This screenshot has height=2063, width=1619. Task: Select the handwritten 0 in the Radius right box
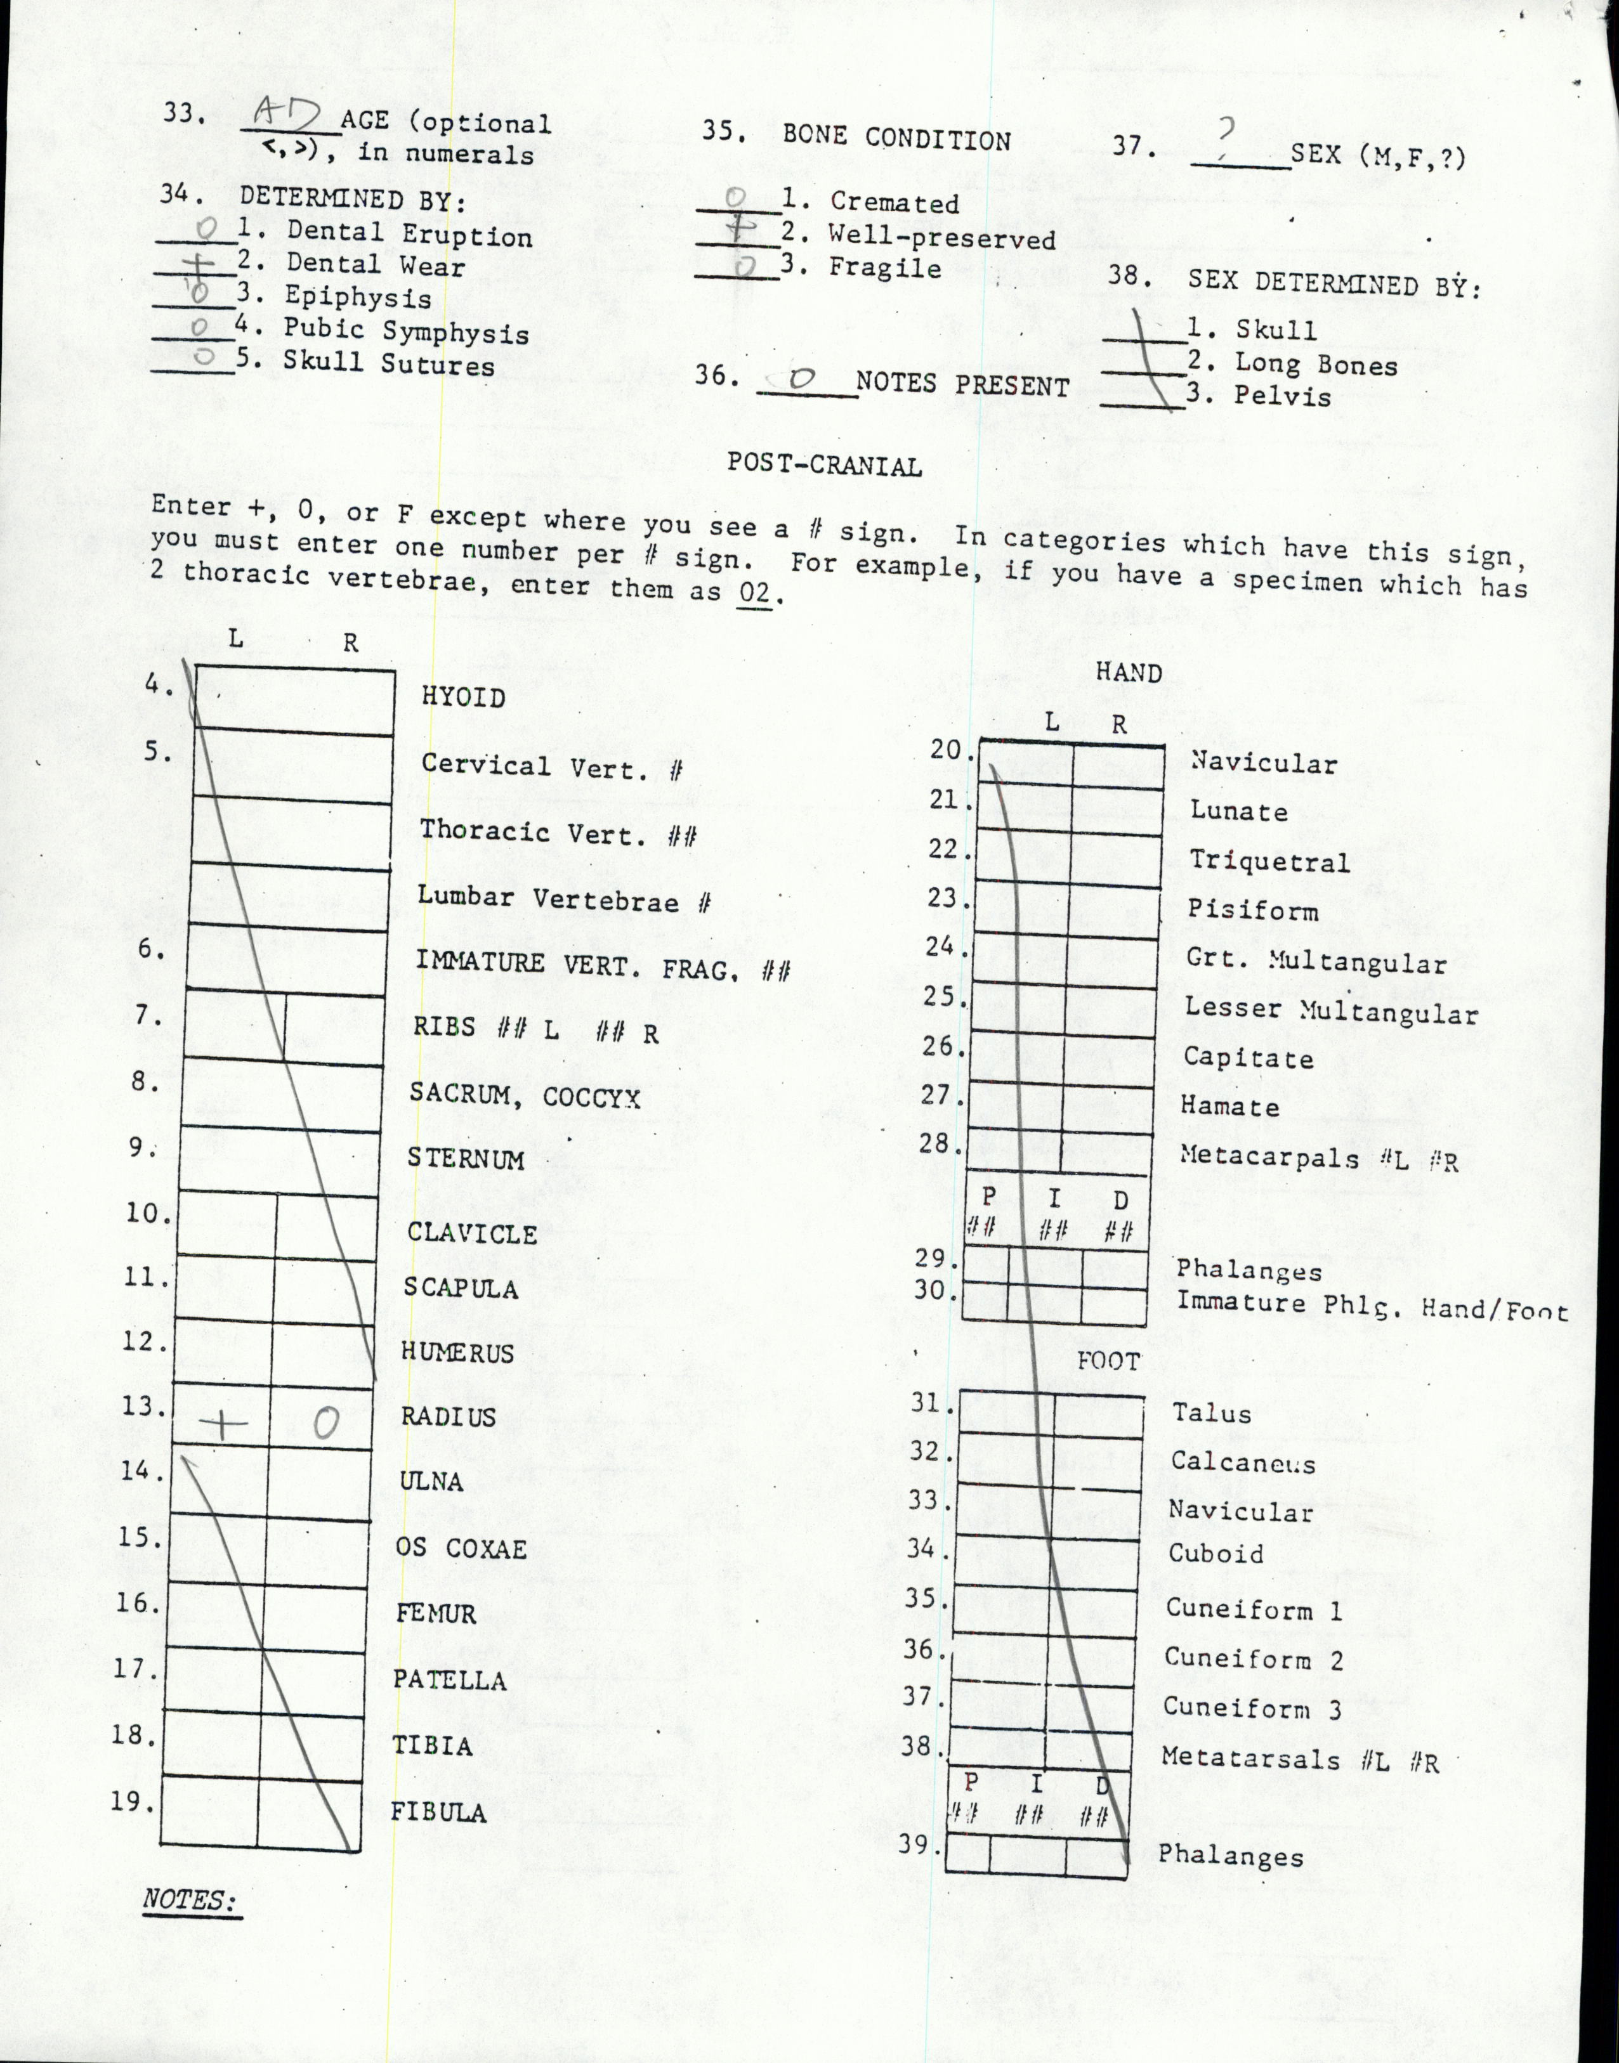[x=324, y=1422]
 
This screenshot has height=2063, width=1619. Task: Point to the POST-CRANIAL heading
[x=823, y=465]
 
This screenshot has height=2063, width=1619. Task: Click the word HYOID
[x=464, y=698]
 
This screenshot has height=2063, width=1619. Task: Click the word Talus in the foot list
[x=1212, y=1414]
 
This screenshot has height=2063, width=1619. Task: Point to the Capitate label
[x=1247, y=1058]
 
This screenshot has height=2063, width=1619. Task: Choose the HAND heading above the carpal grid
[x=1128, y=673]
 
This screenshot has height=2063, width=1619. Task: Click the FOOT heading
[x=1107, y=1362]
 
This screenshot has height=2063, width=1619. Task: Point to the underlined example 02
[x=752, y=594]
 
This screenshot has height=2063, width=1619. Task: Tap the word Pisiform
[x=1252, y=911]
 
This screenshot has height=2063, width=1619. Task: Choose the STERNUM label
[x=466, y=1159]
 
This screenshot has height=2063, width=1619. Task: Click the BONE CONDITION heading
[x=896, y=138]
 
